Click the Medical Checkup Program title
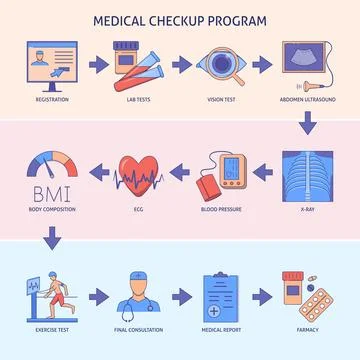(180, 19)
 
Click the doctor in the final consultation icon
(137, 291)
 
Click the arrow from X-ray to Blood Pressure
(268, 172)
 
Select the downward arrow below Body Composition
(47, 240)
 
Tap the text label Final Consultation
(135, 330)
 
